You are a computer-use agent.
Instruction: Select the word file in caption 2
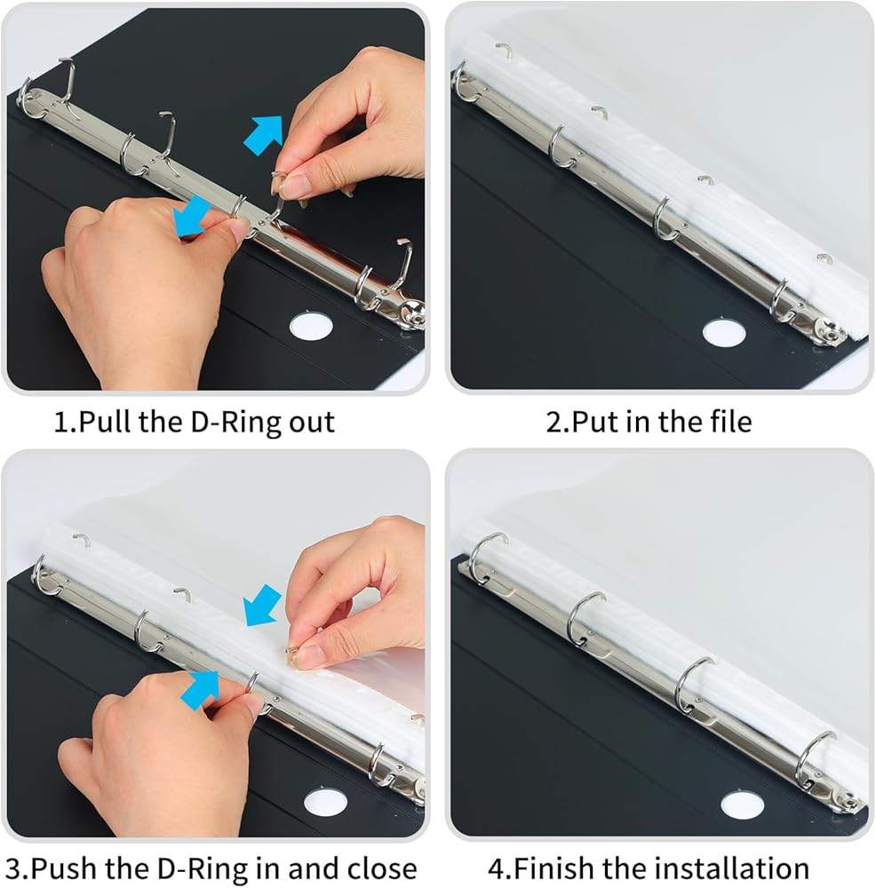pyautogui.click(x=730, y=421)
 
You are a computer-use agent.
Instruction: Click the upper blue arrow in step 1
pyautogui.click(x=263, y=135)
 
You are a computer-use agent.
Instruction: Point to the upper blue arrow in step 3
pyautogui.click(x=262, y=606)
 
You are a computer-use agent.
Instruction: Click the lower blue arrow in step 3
pyautogui.click(x=200, y=690)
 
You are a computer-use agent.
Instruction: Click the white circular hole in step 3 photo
pyautogui.click(x=325, y=802)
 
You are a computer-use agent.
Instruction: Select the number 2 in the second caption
pyautogui.click(x=553, y=422)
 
